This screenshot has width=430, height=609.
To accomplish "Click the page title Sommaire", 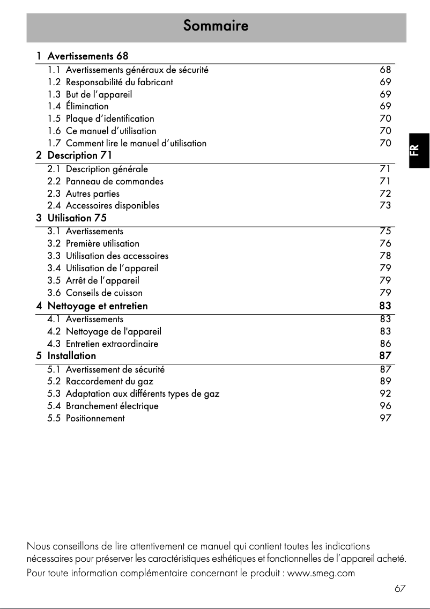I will [216, 26].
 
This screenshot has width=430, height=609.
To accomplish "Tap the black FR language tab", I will [419, 150].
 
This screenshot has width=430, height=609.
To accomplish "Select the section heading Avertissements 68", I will [88, 56].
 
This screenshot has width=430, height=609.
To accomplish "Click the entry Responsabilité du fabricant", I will [119, 82].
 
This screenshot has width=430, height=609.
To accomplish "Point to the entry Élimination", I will [87, 106].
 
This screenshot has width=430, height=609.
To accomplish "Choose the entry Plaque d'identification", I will [110, 118].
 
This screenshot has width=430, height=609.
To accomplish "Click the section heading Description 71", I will [80, 155].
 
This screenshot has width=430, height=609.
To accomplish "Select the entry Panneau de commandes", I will [114, 181].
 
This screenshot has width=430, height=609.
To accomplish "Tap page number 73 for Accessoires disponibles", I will [385, 205].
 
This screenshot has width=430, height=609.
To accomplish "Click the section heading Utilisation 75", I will [77, 218].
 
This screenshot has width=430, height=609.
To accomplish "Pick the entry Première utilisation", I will [102, 243].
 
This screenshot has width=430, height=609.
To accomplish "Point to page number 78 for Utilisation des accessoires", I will [385, 256].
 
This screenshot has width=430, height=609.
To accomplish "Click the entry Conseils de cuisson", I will [104, 293].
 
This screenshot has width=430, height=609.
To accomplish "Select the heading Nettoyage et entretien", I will [98, 306].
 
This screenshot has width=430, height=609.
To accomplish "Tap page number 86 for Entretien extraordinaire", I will [385, 344].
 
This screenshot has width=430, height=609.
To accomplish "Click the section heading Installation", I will [72, 355].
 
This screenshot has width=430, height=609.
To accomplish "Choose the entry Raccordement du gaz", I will [109, 381].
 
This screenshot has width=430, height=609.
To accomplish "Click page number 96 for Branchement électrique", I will [385, 406].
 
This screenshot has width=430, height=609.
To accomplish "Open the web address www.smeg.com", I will [321, 573].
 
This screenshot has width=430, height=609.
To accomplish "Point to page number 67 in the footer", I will [399, 589].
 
